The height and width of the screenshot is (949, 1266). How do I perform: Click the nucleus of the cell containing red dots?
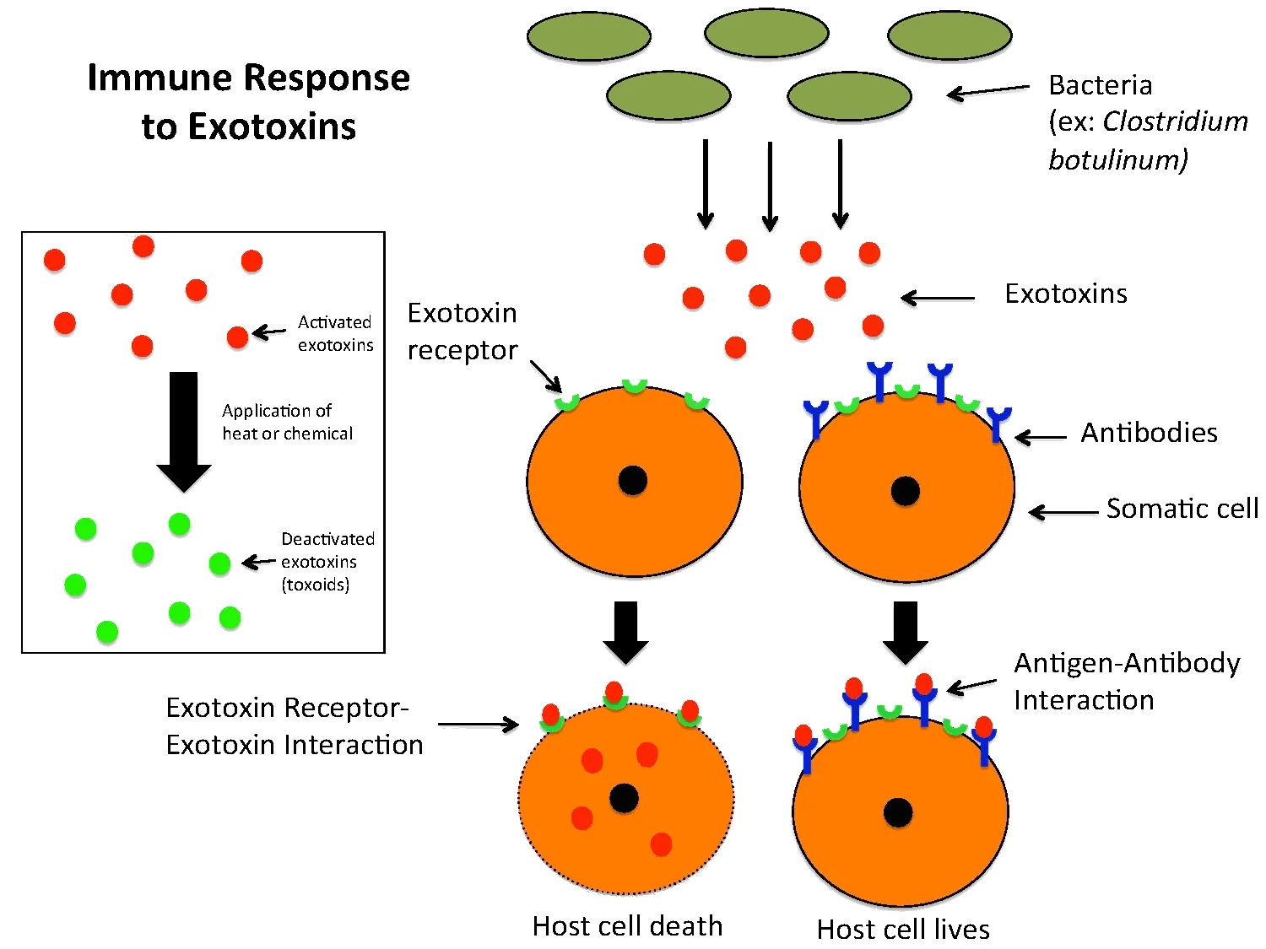click(x=624, y=798)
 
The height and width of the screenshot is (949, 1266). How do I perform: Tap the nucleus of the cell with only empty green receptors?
click(x=632, y=481)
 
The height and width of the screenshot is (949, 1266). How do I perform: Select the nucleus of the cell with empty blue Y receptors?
click(x=905, y=491)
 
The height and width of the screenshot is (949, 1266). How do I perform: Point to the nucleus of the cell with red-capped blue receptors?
click(x=898, y=813)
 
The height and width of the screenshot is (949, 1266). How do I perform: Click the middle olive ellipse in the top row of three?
click(x=766, y=34)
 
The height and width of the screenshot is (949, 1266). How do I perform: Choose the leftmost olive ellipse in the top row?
click(x=588, y=36)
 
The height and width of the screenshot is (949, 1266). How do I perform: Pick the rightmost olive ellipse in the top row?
click(x=949, y=35)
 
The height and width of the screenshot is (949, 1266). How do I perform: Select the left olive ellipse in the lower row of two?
click(x=668, y=95)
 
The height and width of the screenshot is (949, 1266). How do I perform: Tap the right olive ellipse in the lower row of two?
click(x=849, y=96)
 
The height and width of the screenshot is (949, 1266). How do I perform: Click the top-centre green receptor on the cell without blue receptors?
click(x=634, y=386)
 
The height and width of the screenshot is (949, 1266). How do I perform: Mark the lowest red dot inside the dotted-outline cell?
click(x=661, y=844)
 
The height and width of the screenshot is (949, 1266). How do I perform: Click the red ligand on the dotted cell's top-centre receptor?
click(x=614, y=690)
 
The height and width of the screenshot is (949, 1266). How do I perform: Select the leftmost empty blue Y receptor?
click(x=815, y=417)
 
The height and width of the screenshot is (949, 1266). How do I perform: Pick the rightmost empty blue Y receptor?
click(x=998, y=422)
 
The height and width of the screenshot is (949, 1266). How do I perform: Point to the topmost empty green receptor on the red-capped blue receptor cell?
click(x=890, y=711)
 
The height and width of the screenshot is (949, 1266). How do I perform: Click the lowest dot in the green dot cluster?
click(x=107, y=632)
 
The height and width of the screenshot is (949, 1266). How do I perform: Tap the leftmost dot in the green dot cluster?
click(x=75, y=585)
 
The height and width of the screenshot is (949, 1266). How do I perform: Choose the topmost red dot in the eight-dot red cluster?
click(x=143, y=246)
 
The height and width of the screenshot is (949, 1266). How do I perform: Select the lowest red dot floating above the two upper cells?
click(x=735, y=348)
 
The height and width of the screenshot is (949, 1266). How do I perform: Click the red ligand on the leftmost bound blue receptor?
click(x=803, y=735)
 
